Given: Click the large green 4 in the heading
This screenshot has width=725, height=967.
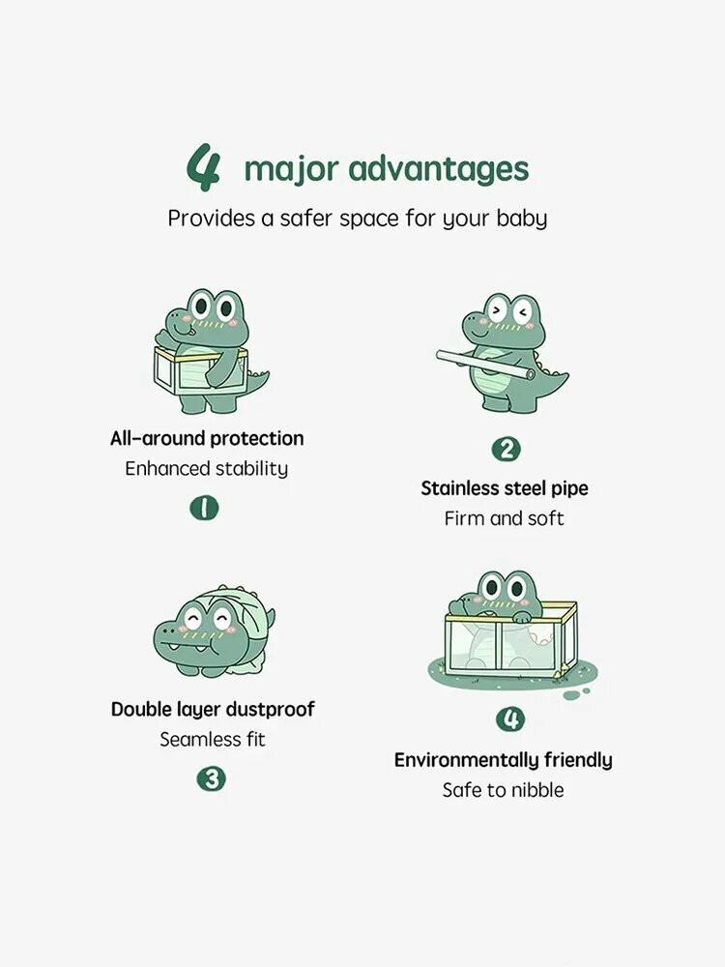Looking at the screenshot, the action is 203,166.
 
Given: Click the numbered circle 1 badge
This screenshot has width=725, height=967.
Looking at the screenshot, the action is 204,509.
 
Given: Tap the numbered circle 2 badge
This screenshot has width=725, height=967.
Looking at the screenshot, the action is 507,449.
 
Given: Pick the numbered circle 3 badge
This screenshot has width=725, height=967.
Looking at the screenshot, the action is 212,778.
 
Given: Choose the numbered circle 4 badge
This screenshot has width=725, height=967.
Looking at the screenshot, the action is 510,719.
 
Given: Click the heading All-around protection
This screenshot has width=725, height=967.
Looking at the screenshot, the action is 207,438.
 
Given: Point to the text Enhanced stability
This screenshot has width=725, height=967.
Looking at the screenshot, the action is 207,469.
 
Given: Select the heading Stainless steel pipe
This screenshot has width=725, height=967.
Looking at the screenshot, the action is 505,488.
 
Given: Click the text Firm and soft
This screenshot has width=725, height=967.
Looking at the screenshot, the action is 505,518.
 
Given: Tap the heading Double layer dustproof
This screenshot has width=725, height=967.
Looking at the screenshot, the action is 213,710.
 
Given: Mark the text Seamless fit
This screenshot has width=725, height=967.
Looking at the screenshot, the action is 213,740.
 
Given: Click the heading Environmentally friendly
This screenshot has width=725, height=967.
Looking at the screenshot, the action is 503,760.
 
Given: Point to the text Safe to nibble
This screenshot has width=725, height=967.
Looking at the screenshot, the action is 503,790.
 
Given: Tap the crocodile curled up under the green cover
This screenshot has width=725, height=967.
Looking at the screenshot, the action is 214,630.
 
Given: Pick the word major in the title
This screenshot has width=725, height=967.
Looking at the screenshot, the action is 292,170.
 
